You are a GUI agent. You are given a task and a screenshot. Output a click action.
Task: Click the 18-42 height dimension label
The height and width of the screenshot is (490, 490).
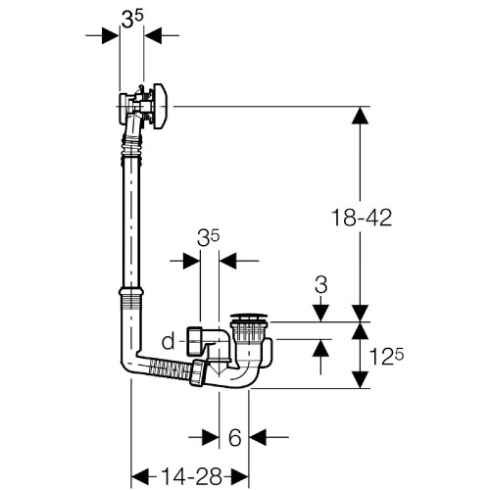pyautogui.click(x=362, y=218)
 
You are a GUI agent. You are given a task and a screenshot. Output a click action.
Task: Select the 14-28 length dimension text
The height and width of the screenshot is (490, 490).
pyautogui.click(x=192, y=476)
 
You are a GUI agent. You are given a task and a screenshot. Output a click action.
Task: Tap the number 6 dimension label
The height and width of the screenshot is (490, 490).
pyautogui.click(x=234, y=437)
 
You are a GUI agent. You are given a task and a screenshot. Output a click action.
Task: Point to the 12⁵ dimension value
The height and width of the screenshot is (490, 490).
pyautogui.click(x=386, y=357)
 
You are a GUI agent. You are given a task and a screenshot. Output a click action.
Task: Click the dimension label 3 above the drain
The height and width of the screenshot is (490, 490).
pyautogui.click(x=321, y=284)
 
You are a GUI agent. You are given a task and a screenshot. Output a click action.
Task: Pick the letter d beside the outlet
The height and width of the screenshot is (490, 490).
pyautogui.click(x=169, y=341)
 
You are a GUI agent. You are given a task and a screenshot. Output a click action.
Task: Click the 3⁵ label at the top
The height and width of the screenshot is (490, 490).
pyautogui.click(x=132, y=19)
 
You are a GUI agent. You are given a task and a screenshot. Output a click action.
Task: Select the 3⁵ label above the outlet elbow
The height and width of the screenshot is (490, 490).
pyautogui.click(x=208, y=238)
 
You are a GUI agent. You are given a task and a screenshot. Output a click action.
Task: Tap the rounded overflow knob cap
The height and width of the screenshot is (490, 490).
pyautogui.click(x=161, y=106)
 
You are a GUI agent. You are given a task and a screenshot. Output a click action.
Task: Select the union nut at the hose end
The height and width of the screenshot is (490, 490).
pyautogui.click(x=199, y=372)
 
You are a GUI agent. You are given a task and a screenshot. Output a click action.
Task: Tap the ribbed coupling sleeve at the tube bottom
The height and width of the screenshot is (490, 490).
pyautogui.click(x=131, y=298)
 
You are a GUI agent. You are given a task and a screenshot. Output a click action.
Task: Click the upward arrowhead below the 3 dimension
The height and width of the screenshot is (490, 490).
pyautogui.click(x=321, y=348)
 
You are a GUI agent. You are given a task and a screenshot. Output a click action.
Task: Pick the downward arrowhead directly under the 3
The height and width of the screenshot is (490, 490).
pyautogui.click(x=321, y=313)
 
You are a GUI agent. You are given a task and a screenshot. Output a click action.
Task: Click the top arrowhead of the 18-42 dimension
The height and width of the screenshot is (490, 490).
pyautogui.click(x=360, y=115)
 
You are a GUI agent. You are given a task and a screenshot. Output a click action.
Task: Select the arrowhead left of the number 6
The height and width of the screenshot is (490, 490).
pyautogui.click(x=211, y=437)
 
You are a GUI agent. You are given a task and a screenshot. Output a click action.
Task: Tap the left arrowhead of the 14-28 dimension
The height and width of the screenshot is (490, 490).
pyautogui.click(x=139, y=476)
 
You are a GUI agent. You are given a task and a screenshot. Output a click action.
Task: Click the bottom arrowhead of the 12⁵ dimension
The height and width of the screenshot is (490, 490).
pyautogui.click(x=360, y=380)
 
